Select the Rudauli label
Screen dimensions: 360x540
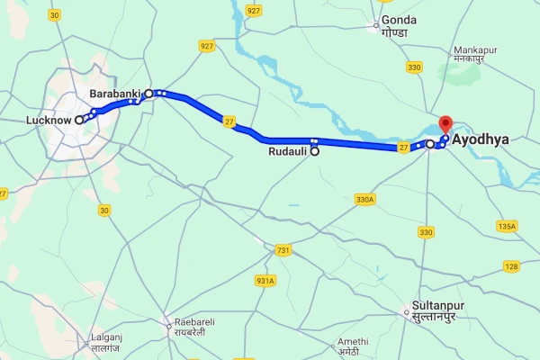coord(288,152)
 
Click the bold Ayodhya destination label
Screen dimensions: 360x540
coord(482,141)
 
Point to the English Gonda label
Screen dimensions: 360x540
coord(399,20)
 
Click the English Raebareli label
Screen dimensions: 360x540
coord(198,322)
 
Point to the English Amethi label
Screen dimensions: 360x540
coord(351,341)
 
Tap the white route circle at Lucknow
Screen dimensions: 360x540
coord(79,119)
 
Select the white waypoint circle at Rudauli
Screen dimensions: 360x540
coord(315,152)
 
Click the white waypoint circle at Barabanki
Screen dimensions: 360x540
coord(149,92)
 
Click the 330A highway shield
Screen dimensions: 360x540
coord(364,200)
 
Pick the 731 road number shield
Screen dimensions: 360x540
coord(283,249)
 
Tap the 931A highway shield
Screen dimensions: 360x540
coord(265,281)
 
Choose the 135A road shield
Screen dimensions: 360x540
coord(507,226)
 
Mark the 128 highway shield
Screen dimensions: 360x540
coord(511,265)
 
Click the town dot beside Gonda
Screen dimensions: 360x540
coord(378,25)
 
